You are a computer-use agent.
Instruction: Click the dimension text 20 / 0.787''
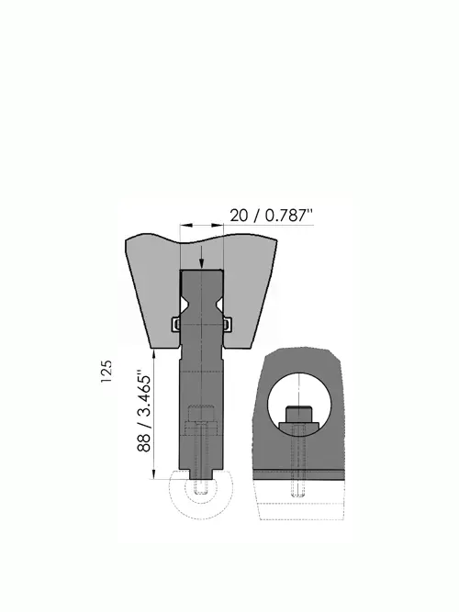click(272, 215)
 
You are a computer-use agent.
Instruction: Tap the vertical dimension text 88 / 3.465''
click(144, 413)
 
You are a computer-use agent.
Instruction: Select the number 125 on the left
click(106, 371)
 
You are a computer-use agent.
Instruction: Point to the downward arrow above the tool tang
click(201, 258)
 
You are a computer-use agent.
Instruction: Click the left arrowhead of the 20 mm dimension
click(186, 225)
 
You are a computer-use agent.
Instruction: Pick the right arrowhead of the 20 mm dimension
click(218, 225)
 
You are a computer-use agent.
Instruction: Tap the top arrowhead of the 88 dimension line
click(154, 355)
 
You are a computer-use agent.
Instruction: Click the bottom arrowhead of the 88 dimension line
click(154, 473)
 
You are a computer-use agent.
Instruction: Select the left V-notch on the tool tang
click(184, 304)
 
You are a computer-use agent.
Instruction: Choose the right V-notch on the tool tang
click(219, 304)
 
